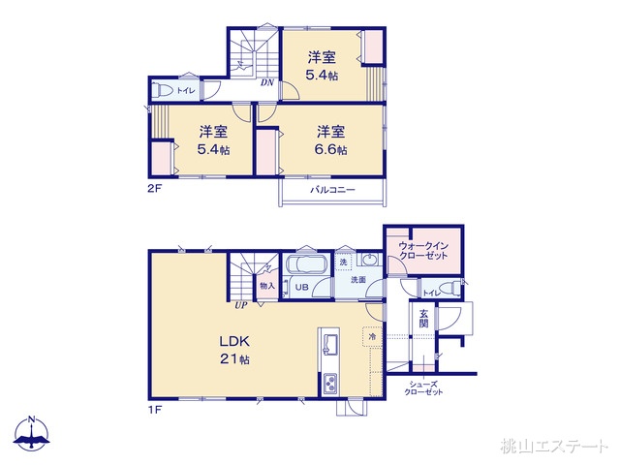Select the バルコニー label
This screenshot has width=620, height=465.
(x=332, y=191)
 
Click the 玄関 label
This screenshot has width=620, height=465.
(x=423, y=317)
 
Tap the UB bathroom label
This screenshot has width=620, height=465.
(x=300, y=288)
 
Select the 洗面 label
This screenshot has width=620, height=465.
(x=358, y=280)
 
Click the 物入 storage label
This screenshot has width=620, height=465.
(x=266, y=287)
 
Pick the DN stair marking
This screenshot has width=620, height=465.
(x=266, y=83)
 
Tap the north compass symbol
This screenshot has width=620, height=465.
(x=32, y=434)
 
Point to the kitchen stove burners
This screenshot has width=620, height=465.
(x=330, y=384)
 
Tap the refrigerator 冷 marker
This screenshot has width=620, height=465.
(x=371, y=337)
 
